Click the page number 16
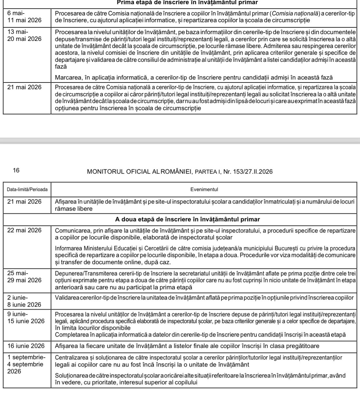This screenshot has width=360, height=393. point(16,171)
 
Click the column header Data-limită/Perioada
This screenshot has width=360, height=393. point(27,189)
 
